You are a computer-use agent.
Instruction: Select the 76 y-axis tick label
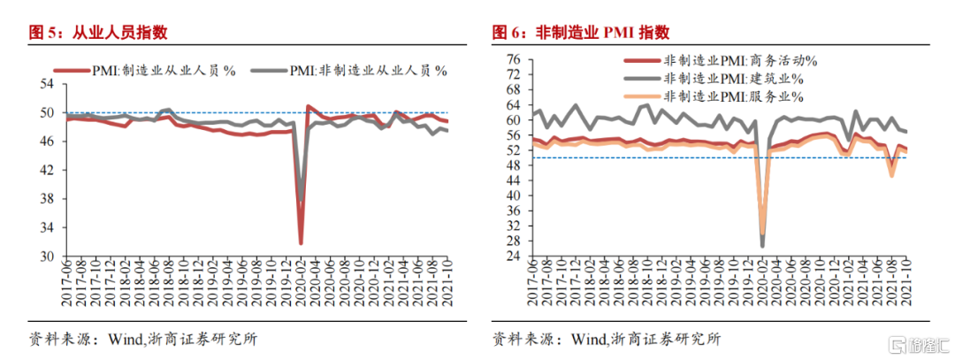point(512,58)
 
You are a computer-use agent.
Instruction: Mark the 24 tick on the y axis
point(512,257)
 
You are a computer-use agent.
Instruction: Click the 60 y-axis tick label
point(512,119)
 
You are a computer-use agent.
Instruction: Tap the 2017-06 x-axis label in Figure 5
point(66,285)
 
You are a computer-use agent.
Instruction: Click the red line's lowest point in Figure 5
point(302,243)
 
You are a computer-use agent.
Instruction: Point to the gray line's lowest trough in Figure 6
point(762,246)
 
